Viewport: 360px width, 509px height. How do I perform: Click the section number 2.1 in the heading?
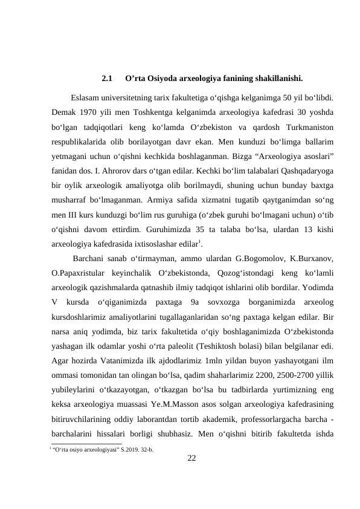[x=108, y=78]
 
